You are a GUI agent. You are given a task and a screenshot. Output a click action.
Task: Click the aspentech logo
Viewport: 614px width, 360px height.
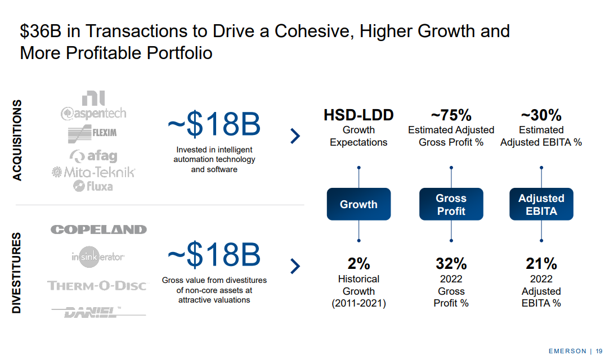point(93,113)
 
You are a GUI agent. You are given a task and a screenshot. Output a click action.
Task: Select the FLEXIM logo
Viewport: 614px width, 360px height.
point(92,134)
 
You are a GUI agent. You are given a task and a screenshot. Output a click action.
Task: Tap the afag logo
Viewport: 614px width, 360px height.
point(93,156)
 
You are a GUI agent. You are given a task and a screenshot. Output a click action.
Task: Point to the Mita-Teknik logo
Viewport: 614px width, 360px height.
point(93,172)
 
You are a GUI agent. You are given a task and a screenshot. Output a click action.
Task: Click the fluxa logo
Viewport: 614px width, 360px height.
point(93,185)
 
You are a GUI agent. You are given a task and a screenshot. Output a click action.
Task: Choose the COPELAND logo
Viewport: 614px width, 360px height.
point(98,229)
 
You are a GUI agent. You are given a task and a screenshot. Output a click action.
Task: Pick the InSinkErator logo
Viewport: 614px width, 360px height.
point(98,258)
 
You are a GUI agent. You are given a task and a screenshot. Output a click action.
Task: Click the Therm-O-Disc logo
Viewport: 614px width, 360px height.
point(97,286)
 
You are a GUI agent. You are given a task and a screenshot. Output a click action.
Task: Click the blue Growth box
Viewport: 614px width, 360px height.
point(358,204)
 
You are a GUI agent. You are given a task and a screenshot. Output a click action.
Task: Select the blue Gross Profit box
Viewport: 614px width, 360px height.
point(451,204)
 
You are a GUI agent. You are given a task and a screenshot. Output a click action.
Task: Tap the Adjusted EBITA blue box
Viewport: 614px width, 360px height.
point(541,204)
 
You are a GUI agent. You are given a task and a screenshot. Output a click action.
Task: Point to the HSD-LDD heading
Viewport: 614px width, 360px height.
point(358,116)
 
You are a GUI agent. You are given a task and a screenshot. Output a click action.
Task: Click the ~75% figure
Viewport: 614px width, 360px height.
point(451,116)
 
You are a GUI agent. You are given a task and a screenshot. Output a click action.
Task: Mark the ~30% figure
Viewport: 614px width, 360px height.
point(541,116)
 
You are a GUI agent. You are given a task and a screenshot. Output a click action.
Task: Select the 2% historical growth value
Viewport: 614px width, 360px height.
point(358,263)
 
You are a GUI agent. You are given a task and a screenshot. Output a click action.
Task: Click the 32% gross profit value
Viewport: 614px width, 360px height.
point(451,263)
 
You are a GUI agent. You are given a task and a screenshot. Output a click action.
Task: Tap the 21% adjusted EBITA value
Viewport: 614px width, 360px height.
point(541,263)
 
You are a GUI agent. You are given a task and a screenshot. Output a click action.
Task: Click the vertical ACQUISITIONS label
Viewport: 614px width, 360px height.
point(17,140)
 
